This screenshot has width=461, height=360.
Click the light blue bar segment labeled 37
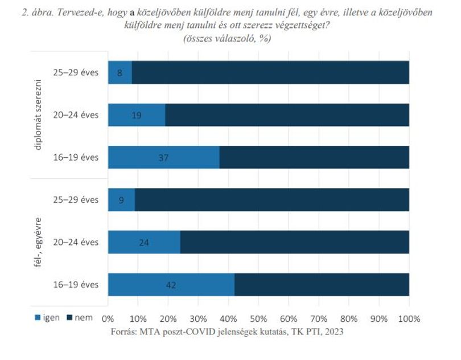(x=164, y=157)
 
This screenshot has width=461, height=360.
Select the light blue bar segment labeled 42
(x=171, y=285)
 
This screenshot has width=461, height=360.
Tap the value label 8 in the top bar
(x=120, y=73)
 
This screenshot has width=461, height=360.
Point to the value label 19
(x=137, y=115)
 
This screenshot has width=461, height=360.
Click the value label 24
(x=144, y=242)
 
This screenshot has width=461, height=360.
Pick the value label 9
(x=121, y=200)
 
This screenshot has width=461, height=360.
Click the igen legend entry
(x=47, y=317)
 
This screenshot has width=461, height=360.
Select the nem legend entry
(x=80, y=317)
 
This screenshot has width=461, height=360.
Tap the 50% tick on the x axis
(x=258, y=319)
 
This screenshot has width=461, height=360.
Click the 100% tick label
(x=409, y=319)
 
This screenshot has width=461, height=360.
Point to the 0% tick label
(x=108, y=319)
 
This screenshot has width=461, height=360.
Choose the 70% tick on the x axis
(x=319, y=319)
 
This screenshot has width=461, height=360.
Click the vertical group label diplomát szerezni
(x=38, y=115)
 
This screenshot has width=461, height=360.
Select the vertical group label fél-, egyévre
(x=38, y=242)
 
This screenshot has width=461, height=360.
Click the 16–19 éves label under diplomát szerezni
(x=76, y=157)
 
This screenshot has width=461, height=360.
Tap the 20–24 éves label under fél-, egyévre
(x=76, y=242)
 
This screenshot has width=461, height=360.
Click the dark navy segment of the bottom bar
(x=322, y=285)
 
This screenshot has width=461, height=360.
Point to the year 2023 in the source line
(x=334, y=332)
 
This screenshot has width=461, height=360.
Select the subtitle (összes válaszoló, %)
(x=227, y=38)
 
